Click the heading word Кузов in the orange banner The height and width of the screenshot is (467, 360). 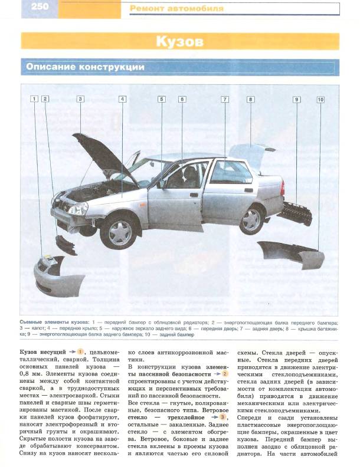pos(179,42)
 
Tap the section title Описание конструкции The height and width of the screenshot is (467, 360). pos(85,67)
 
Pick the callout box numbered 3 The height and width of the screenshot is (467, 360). pos(80,99)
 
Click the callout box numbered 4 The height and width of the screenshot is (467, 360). pos(122,99)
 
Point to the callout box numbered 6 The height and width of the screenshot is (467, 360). pos(182,99)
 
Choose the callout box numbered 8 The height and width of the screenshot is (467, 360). pos(250,99)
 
